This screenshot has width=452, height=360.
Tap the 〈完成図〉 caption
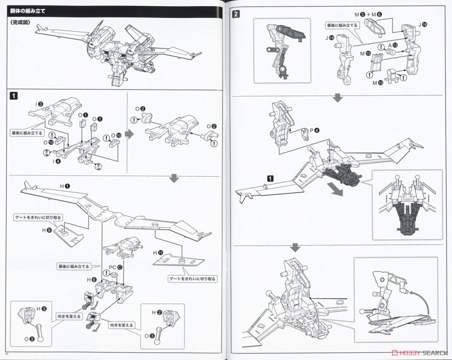click(20, 23)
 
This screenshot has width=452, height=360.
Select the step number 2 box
click(236, 14)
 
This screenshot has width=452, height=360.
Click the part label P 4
click(314, 130)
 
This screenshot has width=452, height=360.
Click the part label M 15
click(365, 53)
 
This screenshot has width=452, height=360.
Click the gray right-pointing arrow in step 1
click(129, 134)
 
